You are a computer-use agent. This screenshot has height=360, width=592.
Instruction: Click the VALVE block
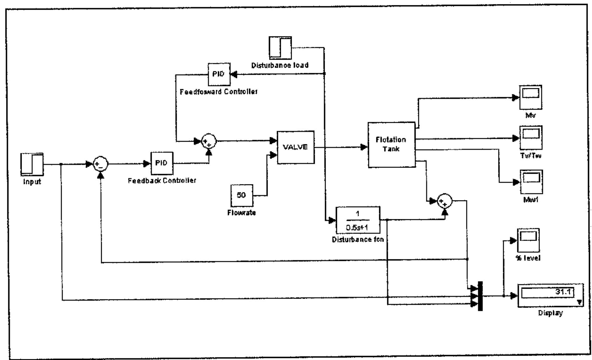(x=296, y=147)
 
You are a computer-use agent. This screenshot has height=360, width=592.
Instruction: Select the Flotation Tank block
(x=391, y=145)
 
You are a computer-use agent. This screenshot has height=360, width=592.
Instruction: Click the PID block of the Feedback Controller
(x=162, y=163)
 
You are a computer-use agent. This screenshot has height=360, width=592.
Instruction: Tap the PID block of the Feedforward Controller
(x=219, y=74)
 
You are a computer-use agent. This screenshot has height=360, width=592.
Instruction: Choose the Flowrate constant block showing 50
(x=242, y=195)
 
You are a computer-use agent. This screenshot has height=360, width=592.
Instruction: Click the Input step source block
(x=32, y=164)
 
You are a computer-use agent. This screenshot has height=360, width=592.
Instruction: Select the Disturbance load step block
(x=280, y=48)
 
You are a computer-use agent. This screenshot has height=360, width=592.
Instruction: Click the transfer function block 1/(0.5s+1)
(x=358, y=220)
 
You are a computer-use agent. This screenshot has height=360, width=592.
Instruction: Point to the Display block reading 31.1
(x=550, y=296)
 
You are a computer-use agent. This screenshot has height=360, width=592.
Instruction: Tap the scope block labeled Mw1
(x=531, y=182)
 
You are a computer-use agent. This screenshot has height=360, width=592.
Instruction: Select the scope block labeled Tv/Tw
(x=531, y=138)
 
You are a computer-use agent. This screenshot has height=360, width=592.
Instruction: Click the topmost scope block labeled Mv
(x=530, y=97)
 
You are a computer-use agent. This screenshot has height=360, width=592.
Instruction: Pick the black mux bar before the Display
(x=480, y=296)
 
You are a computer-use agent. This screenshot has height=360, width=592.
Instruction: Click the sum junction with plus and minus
(x=100, y=164)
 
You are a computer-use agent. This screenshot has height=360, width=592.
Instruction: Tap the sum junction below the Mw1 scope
(x=444, y=201)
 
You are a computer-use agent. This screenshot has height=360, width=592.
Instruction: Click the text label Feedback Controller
(x=162, y=181)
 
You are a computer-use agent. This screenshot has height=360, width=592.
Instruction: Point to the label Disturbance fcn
(x=358, y=240)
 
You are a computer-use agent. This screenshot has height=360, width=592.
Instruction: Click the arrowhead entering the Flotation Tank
(x=364, y=147)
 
